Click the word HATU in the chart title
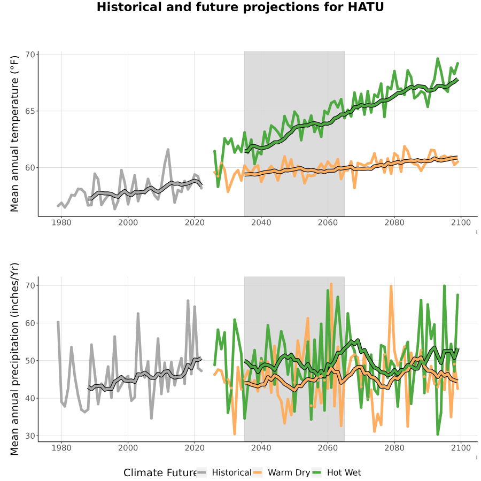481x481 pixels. coord(366,7)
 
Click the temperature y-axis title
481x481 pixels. coord(14,134)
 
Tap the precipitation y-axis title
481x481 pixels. coord(14,359)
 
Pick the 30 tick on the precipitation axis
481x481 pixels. coord(30,436)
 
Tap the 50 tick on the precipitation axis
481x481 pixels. coord(30,360)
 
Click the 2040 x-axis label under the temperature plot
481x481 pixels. coord(261,222)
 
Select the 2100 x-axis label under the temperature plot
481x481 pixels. coord(461,222)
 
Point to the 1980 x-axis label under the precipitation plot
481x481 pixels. coord(61,448)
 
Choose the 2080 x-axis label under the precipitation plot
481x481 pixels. coord(394,448)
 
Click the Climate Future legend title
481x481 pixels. coord(160,473)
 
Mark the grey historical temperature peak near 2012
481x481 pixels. coord(168,150)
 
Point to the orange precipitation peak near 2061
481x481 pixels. coord(331,284)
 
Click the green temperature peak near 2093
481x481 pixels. coord(438,59)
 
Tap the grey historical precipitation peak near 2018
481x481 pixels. coord(188,301)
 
